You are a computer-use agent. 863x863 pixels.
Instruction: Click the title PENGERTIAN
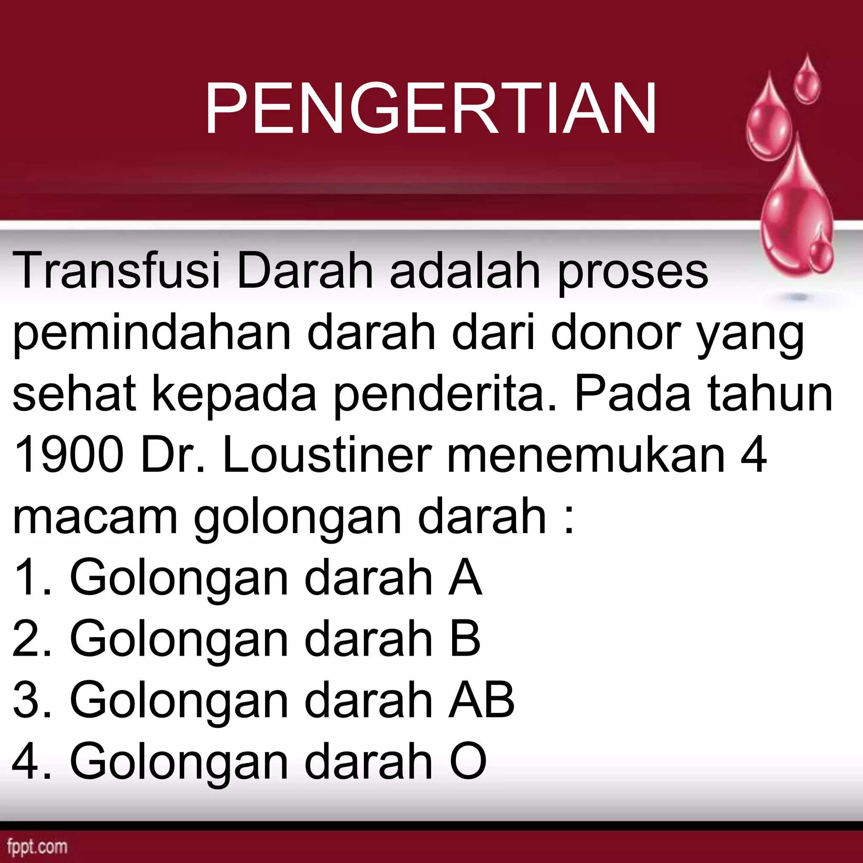click(431, 109)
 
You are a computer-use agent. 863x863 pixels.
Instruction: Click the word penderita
click(440, 395)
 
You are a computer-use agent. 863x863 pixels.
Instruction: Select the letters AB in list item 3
click(482, 700)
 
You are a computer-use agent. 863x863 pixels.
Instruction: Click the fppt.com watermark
click(38, 847)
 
